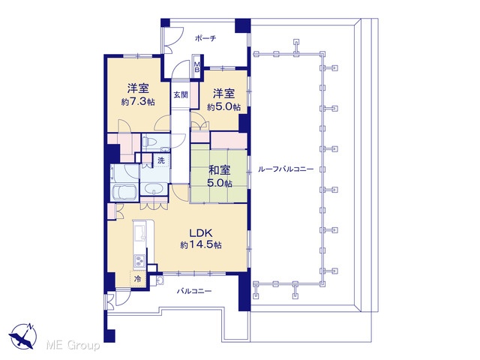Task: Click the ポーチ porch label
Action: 205,38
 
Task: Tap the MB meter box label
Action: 197,67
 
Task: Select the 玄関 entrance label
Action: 181,95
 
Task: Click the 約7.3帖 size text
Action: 138,102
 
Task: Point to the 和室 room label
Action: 219,170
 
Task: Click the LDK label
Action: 201,233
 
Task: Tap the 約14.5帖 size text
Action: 201,245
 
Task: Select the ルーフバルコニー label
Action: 286,169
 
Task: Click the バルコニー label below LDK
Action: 194,291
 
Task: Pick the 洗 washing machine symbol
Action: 161,160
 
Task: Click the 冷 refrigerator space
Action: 138,279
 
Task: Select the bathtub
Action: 124,193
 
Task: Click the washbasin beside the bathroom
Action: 154,189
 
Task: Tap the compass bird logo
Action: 22,336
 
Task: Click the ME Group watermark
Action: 73,345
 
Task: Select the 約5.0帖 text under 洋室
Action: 223,106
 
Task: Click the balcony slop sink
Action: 160,280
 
